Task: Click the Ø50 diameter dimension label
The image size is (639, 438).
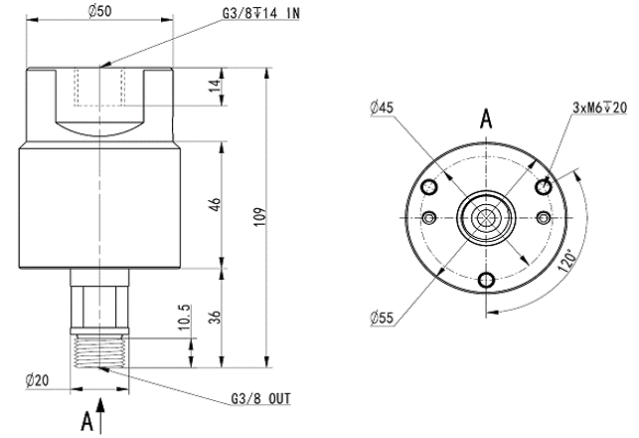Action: pyautogui.click(x=99, y=11)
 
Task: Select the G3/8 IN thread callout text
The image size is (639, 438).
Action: pyautogui.click(x=260, y=13)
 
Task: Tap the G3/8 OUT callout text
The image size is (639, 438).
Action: pyautogui.click(x=261, y=398)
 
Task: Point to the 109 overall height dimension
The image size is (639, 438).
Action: pyautogui.click(x=260, y=218)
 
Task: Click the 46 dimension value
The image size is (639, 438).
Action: pyautogui.click(x=216, y=204)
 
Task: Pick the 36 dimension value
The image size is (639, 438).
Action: pyautogui.click(x=215, y=318)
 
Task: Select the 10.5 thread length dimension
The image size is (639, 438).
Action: pyautogui.click(x=184, y=317)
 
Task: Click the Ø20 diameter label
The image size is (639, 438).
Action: pyautogui.click(x=37, y=381)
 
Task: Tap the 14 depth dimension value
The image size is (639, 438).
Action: pyautogui.click(x=215, y=86)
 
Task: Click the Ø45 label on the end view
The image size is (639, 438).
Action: pyautogui.click(x=382, y=108)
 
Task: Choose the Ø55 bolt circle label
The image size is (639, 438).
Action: pyautogui.click(x=383, y=318)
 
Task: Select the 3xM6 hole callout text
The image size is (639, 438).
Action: pyautogui.click(x=600, y=108)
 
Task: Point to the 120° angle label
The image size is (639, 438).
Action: pyautogui.click(x=567, y=261)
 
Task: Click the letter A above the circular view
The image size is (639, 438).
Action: pyautogui.click(x=486, y=119)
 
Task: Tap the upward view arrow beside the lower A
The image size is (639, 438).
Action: pyautogui.click(x=100, y=415)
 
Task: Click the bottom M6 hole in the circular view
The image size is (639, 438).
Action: pyautogui.click(x=487, y=280)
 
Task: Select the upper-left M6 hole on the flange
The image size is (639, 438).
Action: pyautogui.click(x=429, y=188)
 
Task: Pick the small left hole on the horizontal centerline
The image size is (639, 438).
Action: pyautogui.click(x=429, y=218)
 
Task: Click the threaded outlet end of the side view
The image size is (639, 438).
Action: pyautogui.click(x=99, y=350)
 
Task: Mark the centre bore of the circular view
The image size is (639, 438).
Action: pyautogui.click(x=486, y=218)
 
